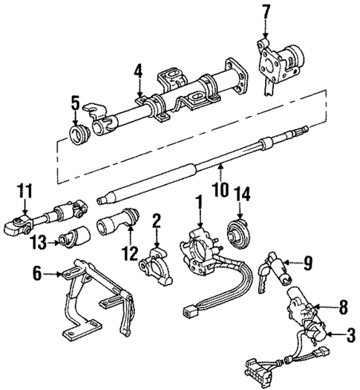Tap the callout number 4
click(x=137, y=72)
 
